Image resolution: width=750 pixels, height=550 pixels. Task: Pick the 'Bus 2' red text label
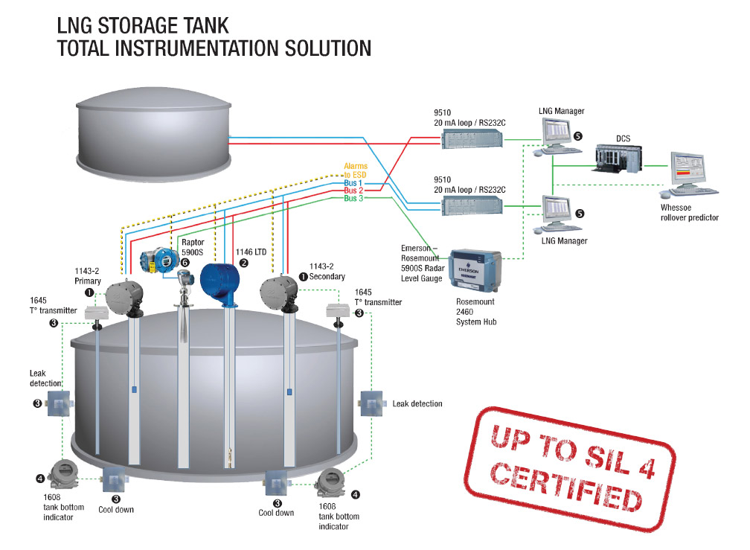tap(355, 191)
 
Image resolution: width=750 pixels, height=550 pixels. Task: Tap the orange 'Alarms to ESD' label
tap(355, 170)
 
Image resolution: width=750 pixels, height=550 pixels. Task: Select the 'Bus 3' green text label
tap(355, 199)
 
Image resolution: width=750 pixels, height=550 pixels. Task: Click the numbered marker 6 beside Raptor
tap(184, 262)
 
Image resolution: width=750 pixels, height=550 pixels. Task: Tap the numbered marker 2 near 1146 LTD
tap(243, 263)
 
